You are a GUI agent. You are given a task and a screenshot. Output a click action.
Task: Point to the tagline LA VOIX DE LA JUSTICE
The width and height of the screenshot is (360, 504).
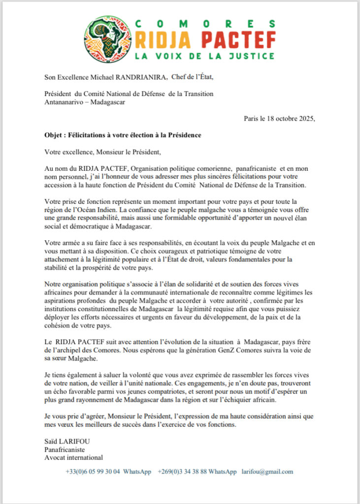(204, 55)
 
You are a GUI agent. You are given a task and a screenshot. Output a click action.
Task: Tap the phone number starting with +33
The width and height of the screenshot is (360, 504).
(93, 472)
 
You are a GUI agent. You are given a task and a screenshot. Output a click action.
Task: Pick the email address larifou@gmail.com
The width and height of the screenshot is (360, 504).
(267, 472)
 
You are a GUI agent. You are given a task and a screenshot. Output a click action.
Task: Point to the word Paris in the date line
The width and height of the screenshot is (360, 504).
(252, 118)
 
